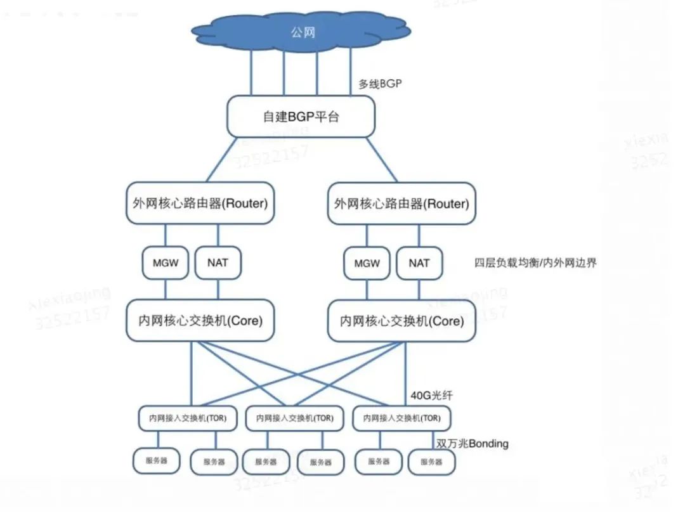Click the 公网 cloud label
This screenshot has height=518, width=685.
point(303,32)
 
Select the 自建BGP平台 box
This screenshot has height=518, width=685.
point(301,117)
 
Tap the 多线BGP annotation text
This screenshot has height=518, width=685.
point(380,84)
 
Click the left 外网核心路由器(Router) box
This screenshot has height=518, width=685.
point(200,204)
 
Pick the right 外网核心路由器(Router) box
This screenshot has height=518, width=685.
point(401,204)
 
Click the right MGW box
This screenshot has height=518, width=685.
point(367,263)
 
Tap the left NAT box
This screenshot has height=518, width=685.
point(218,262)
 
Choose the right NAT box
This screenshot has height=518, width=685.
point(419,263)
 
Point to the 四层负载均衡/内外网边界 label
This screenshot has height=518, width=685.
point(535,263)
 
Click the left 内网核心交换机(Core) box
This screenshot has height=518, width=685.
point(200,321)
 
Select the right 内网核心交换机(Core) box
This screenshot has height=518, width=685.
point(401,321)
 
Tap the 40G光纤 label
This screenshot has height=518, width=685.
point(431,396)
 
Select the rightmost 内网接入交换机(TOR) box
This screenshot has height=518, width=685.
point(401,418)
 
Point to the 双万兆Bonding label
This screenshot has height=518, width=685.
point(473,443)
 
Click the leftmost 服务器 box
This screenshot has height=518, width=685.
point(157,461)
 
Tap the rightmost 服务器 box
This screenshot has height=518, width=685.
point(431,462)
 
